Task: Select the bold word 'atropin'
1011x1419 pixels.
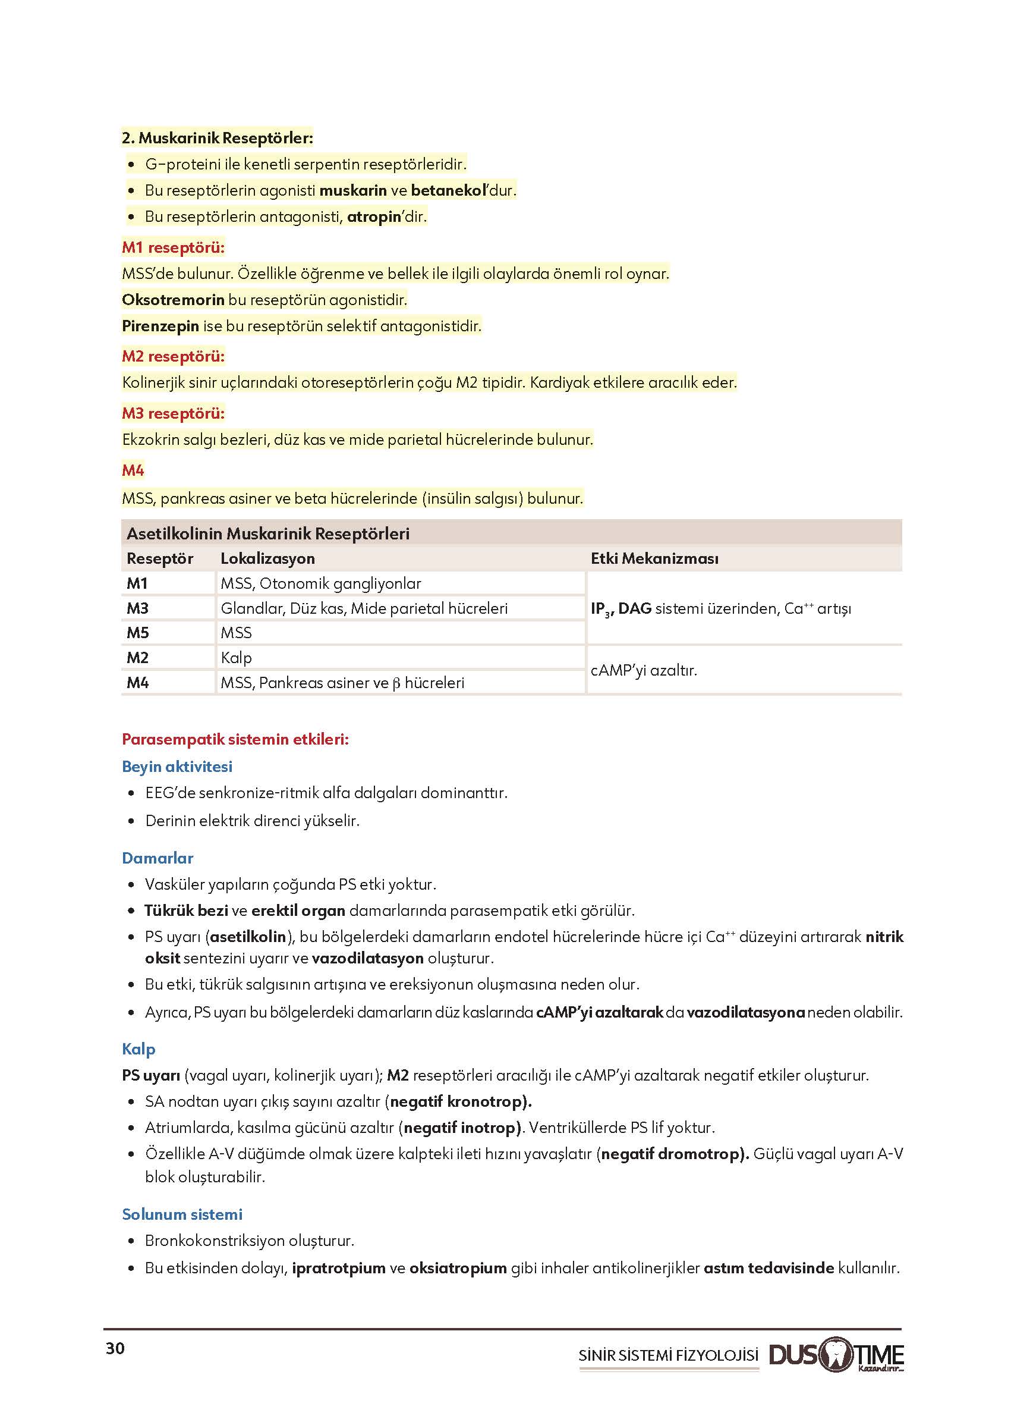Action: coord(373,216)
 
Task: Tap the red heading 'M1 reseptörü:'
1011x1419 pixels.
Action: coord(173,247)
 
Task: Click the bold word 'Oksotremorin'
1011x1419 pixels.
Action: coord(173,300)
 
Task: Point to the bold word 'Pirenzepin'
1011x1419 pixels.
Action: coord(160,326)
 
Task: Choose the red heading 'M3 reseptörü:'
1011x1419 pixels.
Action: coord(173,413)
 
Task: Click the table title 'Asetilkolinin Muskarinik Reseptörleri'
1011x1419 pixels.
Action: coord(267,533)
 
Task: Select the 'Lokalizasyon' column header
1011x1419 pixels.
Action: coord(267,558)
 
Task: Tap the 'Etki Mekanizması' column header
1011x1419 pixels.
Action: coord(654,558)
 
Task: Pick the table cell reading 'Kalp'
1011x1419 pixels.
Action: coord(236,658)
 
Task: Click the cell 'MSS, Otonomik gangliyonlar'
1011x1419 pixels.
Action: coord(320,583)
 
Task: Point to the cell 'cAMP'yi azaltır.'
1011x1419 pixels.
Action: coord(644,670)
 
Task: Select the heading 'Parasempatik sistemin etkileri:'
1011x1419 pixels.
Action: coord(235,739)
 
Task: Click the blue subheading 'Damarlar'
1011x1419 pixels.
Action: coord(158,858)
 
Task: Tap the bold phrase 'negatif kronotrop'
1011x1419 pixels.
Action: coord(458,1101)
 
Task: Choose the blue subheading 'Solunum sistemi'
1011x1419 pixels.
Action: coord(182,1214)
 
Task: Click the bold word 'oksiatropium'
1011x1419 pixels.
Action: coord(458,1267)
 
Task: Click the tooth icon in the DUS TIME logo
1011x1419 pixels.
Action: coord(836,1354)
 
